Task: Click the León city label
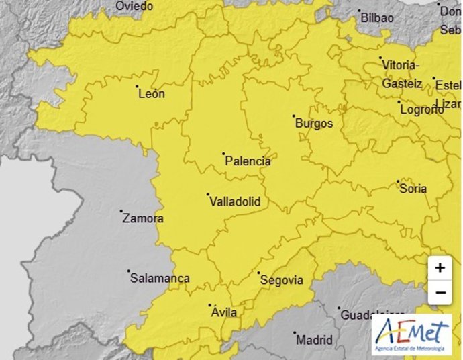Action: pyautogui.click(x=151, y=94)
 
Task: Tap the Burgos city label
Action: pyautogui.click(x=315, y=124)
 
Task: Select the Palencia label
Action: pyautogui.click(x=248, y=161)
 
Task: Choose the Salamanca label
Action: pyautogui.click(x=160, y=278)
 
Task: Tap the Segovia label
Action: pyautogui.click(x=281, y=280)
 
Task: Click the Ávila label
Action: pyautogui.click(x=224, y=312)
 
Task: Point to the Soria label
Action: pyautogui.click(x=413, y=189)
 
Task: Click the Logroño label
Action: pyautogui.click(x=421, y=110)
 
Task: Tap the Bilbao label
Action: pyautogui.click(x=377, y=18)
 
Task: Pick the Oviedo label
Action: pyautogui.click(x=134, y=6)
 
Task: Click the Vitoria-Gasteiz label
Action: pyautogui.click(x=401, y=75)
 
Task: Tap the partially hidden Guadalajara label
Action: pyautogui.click(x=372, y=314)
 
